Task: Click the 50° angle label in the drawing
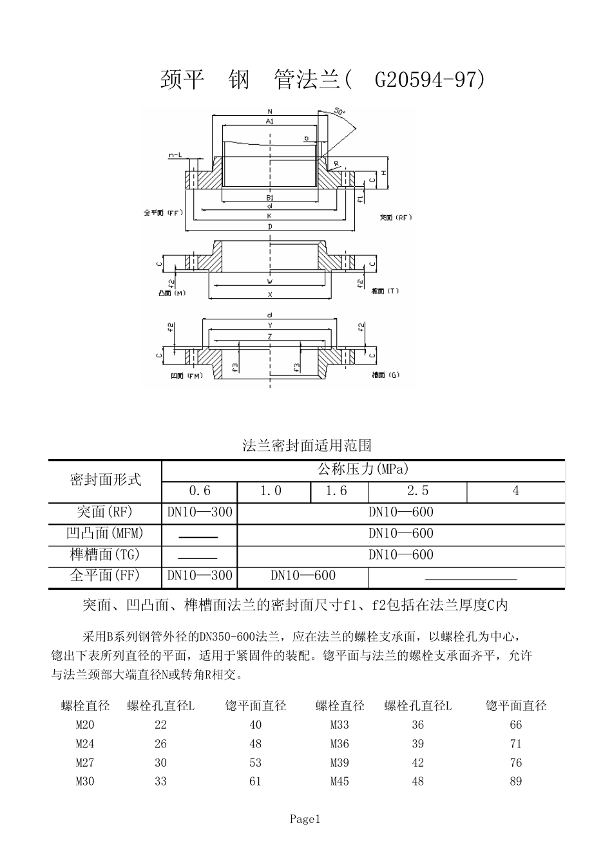(x=341, y=112)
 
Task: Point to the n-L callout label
(x=175, y=155)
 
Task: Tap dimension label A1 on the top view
(x=270, y=121)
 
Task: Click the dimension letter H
(x=383, y=173)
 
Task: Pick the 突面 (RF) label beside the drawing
(x=396, y=217)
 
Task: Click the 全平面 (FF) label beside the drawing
(x=164, y=212)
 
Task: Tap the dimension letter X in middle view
(x=270, y=294)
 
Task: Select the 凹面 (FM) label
(x=187, y=375)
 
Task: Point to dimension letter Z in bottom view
(x=270, y=336)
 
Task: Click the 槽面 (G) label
(x=385, y=375)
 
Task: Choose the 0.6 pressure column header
(x=200, y=491)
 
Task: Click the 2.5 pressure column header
(x=417, y=491)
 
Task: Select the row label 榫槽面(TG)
(x=104, y=554)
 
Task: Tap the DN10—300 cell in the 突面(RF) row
(x=200, y=513)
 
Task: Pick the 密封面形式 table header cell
(x=105, y=480)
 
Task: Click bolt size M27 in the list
(x=85, y=763)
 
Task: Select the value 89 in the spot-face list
(x=515, y=782)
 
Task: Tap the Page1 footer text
(x=305, y=819)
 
